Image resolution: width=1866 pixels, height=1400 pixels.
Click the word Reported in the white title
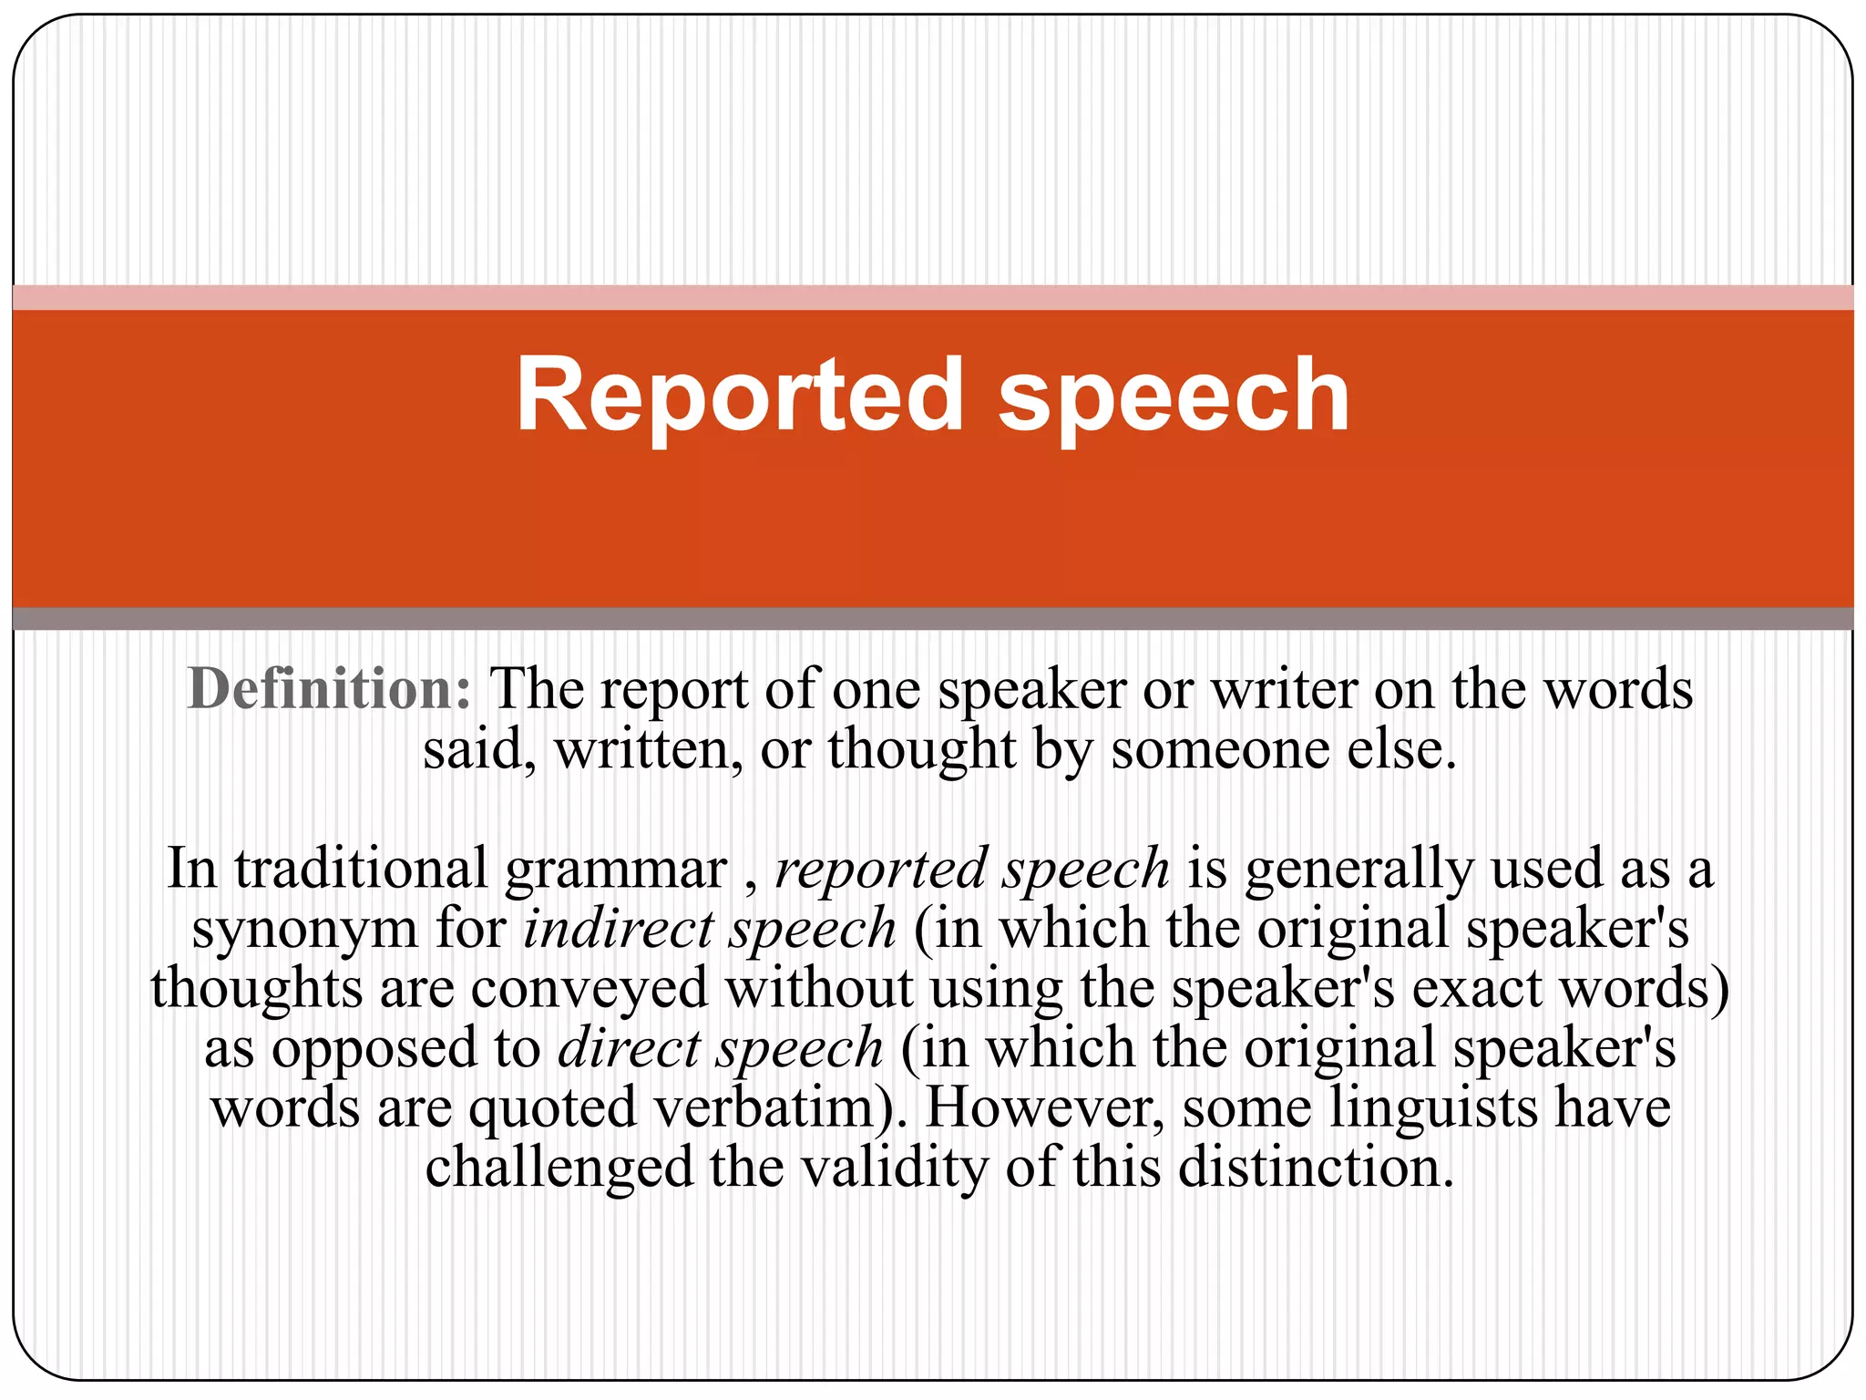point(739,396)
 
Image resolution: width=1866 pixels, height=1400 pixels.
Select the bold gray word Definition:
point(329,689)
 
